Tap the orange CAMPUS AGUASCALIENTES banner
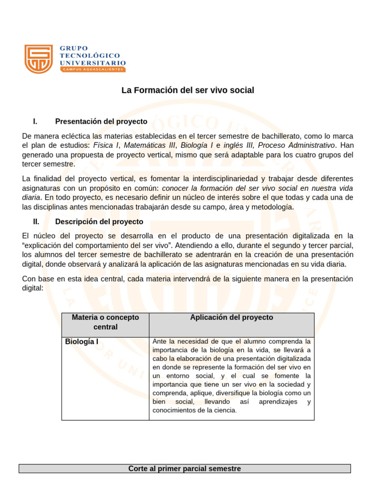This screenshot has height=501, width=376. click(93, 69)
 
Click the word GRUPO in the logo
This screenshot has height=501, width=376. click(74, 48)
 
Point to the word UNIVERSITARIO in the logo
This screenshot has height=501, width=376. click(93, 63)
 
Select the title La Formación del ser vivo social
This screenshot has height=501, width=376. click(188, 91)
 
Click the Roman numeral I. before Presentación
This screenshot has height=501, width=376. click(35, 121)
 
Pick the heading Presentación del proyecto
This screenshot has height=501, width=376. click(101, 121)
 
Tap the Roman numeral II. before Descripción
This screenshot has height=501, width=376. click(36, 222)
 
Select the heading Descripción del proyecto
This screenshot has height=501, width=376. click(99, 222)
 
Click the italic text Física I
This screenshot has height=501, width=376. click(106, 145)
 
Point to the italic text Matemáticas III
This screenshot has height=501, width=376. click(150, 145)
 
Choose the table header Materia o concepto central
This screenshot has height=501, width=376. click(105, 322)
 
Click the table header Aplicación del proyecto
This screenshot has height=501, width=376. click(232, 318)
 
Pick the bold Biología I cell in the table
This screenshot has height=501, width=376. click(82, 342)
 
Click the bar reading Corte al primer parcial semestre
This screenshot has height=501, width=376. click(185, 469)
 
